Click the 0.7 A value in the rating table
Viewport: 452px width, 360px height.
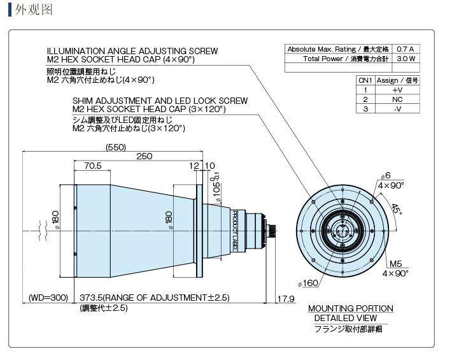pos(405,49)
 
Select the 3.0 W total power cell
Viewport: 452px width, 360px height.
pos(405,58)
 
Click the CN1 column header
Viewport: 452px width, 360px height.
pos(365,80)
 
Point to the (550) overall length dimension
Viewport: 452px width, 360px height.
pos(115,147)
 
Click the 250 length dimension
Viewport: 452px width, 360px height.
pos(145,156)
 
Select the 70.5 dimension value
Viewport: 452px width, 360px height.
pos(93,166)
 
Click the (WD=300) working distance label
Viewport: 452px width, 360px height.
pos(48,298)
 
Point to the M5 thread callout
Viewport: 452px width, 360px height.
pos(395,264)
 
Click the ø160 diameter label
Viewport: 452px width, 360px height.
pos(308,283)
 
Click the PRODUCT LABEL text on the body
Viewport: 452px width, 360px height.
pos(234,229)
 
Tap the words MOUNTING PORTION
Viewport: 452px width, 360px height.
pos(350,308)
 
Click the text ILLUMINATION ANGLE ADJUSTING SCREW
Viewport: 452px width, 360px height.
pos(132,51)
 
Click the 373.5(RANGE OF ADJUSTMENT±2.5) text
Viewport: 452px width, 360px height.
pos(155,298)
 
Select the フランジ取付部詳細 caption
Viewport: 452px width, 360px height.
pos(350,329)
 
